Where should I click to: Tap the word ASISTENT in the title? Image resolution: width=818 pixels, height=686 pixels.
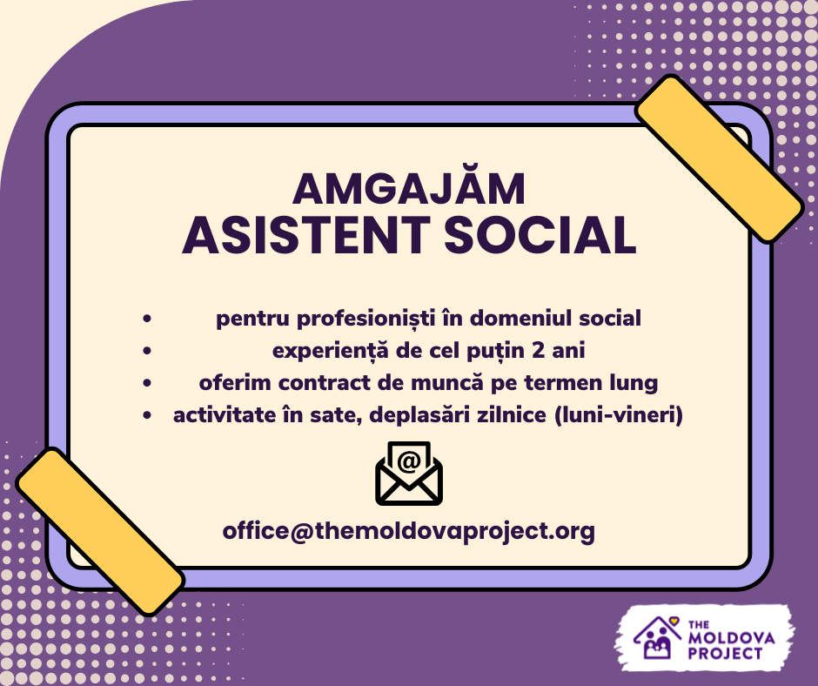click(306, 235)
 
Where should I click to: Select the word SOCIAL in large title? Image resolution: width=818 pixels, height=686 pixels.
click(540, 235)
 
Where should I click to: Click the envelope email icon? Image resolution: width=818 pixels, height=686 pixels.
click(409, 474)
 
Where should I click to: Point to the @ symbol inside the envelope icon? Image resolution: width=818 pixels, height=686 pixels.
click(409, 461)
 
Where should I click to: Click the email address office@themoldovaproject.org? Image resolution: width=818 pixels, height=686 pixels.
click(408, 531)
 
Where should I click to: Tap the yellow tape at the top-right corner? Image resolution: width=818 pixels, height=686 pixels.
click(719, 158)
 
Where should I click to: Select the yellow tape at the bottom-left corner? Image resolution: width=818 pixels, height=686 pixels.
click(100, 531)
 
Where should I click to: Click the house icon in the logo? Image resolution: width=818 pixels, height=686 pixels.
click(657, 638)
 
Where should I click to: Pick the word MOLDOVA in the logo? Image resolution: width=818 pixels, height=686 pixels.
click(731, 638)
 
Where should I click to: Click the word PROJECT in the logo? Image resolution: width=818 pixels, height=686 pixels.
click(725, 653)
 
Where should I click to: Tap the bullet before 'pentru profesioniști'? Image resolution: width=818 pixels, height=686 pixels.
click(147, 318)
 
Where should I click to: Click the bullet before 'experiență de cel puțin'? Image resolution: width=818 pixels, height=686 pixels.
click(147, 350)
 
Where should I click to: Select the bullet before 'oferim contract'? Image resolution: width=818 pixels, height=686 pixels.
click(147, 383)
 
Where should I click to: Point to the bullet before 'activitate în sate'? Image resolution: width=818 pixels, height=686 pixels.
click(147, 415)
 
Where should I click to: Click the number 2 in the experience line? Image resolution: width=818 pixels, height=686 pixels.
click(538, 350)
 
